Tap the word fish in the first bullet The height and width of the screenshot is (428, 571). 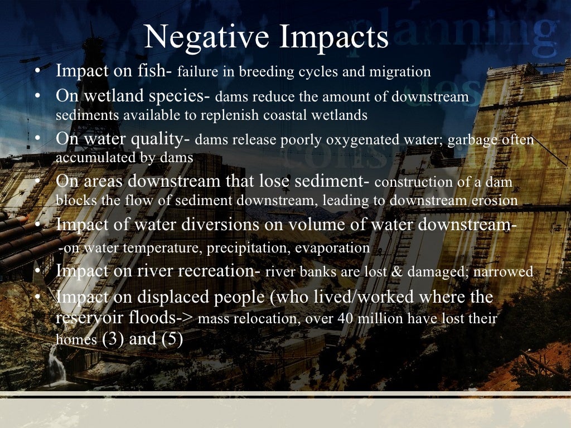click(161, 71)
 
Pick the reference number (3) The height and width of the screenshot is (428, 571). click(113, 339)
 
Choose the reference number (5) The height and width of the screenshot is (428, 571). click(171, 339)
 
